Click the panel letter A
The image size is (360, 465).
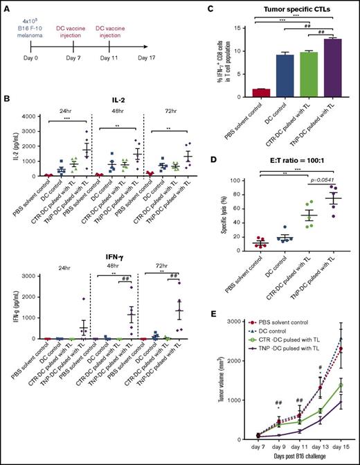point(7,8)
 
